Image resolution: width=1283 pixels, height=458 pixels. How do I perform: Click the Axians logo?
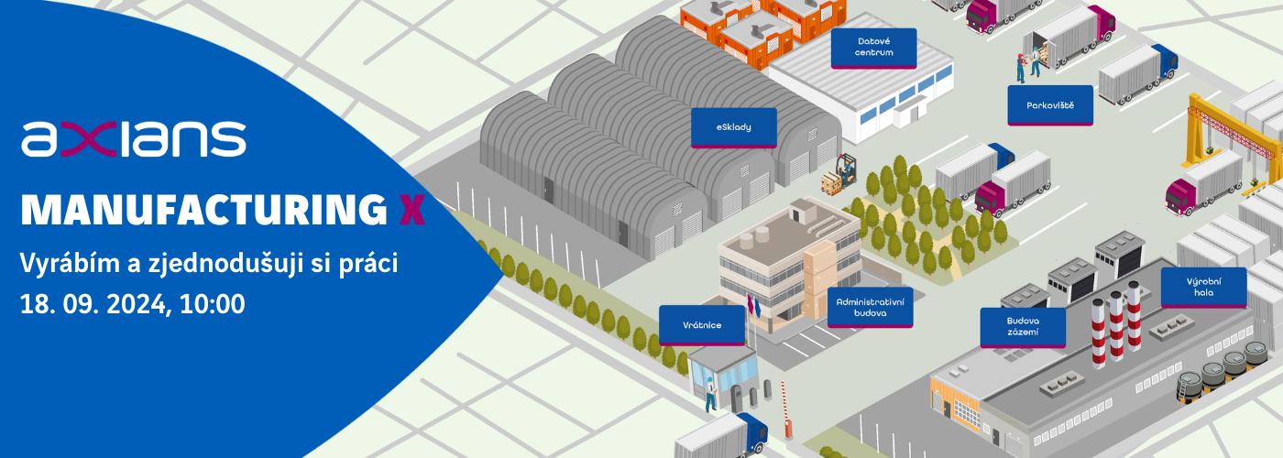pos(134,138)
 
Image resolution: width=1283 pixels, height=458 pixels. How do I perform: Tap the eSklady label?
pos(733,127)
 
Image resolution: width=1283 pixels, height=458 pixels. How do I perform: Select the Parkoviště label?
pos(1050,105)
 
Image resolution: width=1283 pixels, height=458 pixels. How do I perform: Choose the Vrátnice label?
pos(703,325)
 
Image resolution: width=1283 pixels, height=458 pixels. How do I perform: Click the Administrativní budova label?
pos(870,307)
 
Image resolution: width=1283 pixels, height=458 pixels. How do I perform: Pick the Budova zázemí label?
pos(1022,327)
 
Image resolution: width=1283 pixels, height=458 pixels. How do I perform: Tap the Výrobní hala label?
pos(1203,287)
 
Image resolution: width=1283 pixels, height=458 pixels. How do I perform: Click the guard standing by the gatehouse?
pos(710,395)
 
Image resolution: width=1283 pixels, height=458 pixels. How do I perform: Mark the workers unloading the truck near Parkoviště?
pos(1027,64)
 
